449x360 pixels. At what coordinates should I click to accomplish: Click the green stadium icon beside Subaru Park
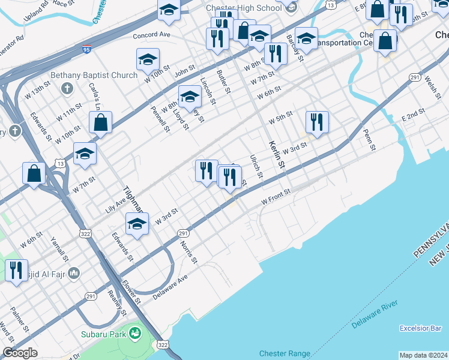136,332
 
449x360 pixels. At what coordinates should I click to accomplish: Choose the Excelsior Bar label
421,328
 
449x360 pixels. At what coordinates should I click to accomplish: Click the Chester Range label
285,353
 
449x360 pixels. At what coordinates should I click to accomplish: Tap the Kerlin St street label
276,153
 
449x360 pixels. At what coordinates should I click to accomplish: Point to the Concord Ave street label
152,35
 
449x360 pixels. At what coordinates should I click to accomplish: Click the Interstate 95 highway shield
87,46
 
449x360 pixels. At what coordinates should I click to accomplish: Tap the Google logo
20,353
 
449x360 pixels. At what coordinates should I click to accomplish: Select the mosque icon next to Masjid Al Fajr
74,274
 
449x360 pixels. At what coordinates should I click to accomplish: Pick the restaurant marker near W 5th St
316,122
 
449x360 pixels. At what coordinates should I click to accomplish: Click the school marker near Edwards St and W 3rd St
137,224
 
